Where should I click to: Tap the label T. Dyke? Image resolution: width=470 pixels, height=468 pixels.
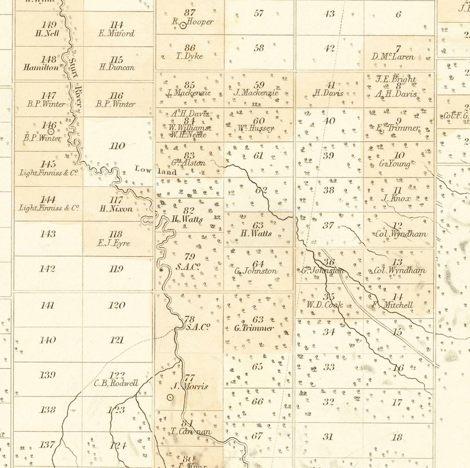point(190,56)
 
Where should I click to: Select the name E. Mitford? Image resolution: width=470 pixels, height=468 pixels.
point(116,33)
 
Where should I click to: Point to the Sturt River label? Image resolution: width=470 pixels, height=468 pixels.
point(74,78)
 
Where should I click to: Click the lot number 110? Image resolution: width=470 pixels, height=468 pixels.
point(117,146)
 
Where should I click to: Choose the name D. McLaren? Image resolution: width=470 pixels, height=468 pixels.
point(393,57)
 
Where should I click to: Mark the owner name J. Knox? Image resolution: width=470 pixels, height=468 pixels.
point(396,198)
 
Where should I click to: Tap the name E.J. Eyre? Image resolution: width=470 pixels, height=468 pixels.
point(114,243)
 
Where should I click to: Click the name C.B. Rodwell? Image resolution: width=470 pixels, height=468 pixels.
point(116,383)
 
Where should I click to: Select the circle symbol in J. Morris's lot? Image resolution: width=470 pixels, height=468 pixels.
point(170,397)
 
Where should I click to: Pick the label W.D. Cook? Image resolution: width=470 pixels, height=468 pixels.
point(324,305)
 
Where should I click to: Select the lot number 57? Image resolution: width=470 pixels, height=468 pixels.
point(258,13)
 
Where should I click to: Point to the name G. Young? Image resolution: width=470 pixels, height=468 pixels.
point(394,164)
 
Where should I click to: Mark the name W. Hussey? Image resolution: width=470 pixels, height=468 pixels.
point(255,128)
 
